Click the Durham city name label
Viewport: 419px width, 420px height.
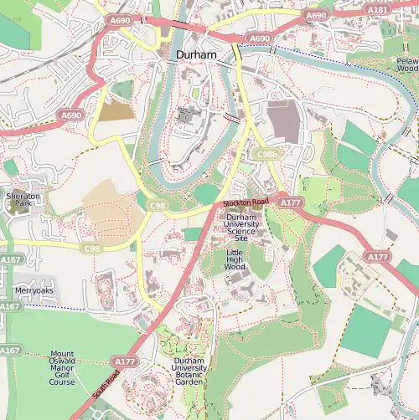[x=196, y=54]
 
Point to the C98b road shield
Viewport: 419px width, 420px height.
[x=267, y=155]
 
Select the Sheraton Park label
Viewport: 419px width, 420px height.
[x=23, y=201]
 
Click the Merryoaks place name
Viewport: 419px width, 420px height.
[x=34, y=290]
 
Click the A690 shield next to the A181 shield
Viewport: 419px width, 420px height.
[x=317, y=15]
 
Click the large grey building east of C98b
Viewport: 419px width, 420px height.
[x=283, y=122]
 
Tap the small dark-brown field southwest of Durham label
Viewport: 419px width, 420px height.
[x=116, y=110]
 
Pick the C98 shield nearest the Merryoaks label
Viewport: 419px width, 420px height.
[x=93, y=248]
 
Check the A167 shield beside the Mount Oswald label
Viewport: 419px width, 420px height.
[x=10, y=350]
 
